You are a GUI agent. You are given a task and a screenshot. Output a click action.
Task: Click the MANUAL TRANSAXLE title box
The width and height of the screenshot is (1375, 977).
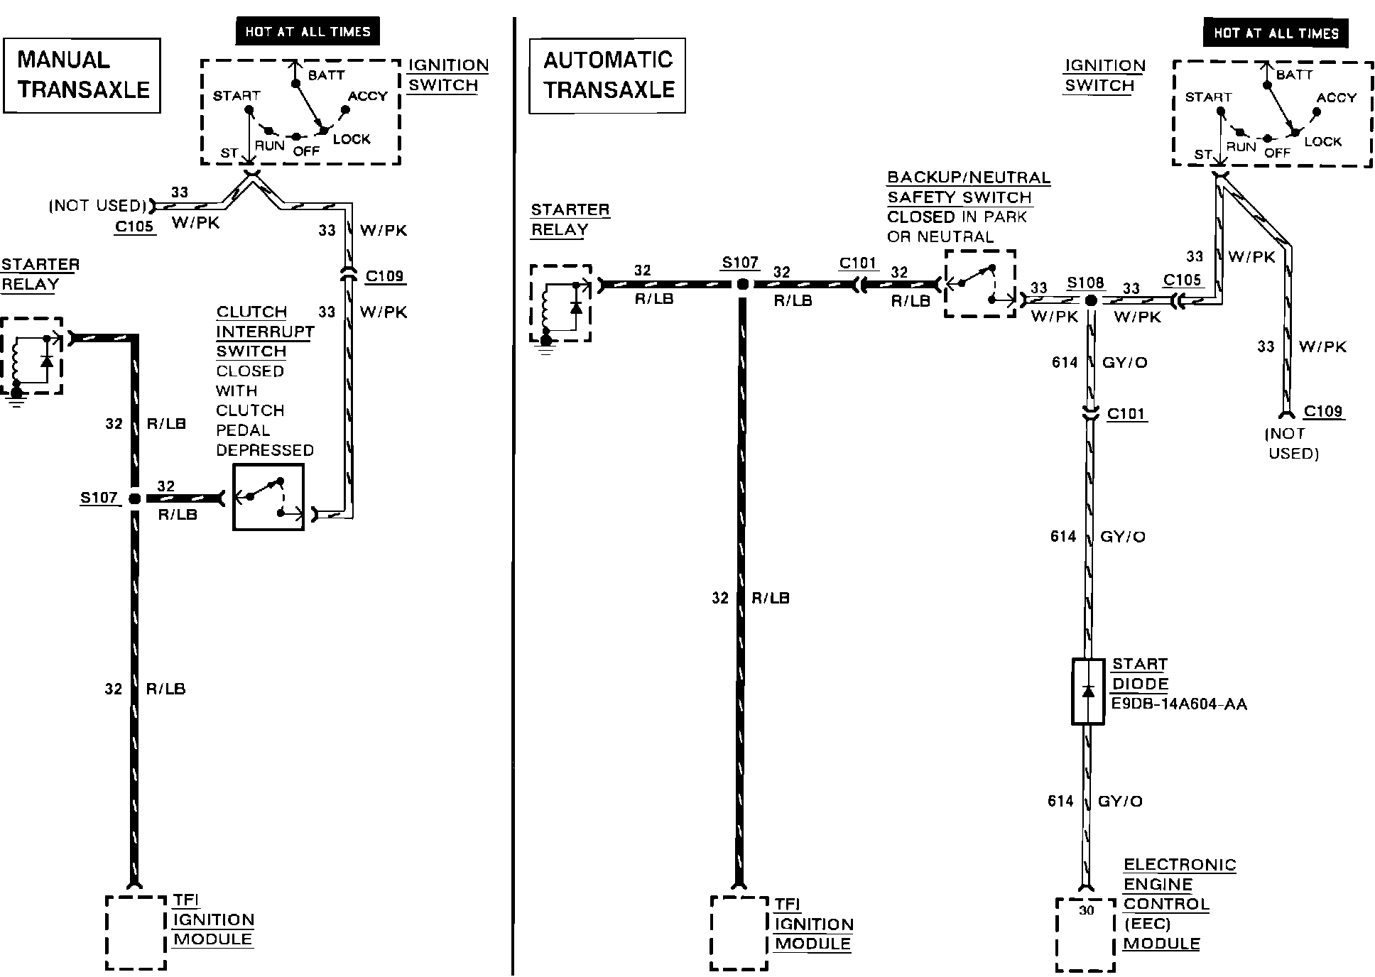coord(82,75)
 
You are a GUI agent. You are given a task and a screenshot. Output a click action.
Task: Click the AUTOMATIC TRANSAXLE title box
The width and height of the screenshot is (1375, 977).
coord(607,75)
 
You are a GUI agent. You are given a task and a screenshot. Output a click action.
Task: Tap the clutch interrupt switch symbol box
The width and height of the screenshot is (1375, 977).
coord(268,497)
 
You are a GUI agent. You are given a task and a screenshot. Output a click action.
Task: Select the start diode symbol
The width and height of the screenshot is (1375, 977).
coord(1088,692)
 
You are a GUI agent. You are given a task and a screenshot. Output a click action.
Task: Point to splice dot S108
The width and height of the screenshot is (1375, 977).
coord(1091,301)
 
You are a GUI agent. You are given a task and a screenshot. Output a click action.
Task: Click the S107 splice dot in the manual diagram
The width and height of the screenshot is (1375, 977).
coord(134,499)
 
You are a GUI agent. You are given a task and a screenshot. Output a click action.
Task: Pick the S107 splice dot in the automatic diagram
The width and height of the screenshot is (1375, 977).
coord(742,285)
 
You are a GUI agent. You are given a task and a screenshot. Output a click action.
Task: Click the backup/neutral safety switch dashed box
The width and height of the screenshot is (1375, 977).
coord(980,284)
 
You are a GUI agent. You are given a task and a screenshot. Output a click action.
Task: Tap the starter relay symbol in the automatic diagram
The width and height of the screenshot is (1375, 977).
coord(560,304)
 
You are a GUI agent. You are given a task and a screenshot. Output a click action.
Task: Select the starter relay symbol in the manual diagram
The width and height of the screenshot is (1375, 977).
coord(31,356)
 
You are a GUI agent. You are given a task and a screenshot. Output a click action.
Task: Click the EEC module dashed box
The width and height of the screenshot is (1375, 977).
coord(1085,934)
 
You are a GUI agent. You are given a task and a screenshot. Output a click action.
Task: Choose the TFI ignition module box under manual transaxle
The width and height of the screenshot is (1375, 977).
coord(136,932)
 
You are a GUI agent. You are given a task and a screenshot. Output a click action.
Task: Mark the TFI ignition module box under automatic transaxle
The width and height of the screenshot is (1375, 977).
coord(739,932)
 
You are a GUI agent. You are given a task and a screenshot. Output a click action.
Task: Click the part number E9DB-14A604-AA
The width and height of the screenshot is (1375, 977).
coord(1180,704)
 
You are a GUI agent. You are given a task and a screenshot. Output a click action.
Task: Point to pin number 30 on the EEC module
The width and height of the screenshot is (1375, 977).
coord(1086,910)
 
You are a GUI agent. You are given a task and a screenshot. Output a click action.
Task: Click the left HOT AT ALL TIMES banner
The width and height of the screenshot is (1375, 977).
coord(308,32)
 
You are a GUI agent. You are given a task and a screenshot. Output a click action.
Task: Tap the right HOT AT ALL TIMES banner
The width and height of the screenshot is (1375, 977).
coord(1276,33)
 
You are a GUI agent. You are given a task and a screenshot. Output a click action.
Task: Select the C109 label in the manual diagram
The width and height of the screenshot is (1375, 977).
coord(385,276)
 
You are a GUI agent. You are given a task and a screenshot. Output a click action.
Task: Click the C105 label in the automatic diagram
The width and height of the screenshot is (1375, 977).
coord(1183,280)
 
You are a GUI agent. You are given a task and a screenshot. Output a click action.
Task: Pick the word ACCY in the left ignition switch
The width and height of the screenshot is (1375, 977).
coord(368,96)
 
